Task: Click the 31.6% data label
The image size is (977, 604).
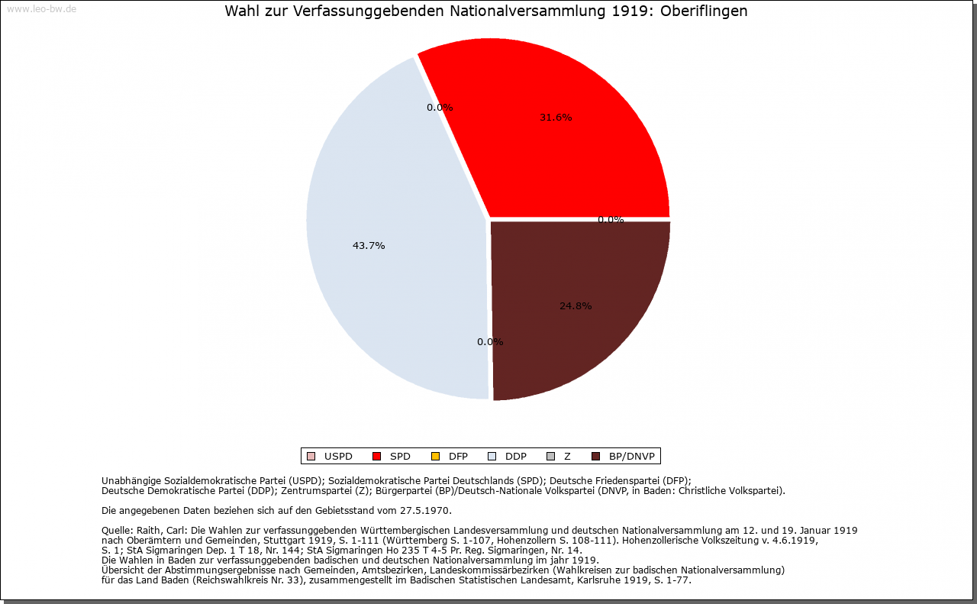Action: point(556,118)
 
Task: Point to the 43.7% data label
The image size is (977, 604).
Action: point(369,246)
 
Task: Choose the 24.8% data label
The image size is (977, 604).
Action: point(576,306)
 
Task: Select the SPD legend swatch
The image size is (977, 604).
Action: point(376,457)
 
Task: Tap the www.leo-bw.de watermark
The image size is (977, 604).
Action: point(41,10)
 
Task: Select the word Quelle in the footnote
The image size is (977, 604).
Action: point(116,530)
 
